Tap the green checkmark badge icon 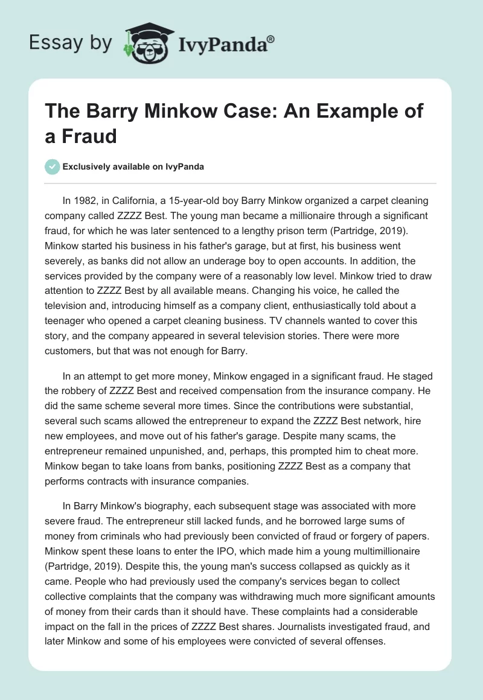point(53,167)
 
